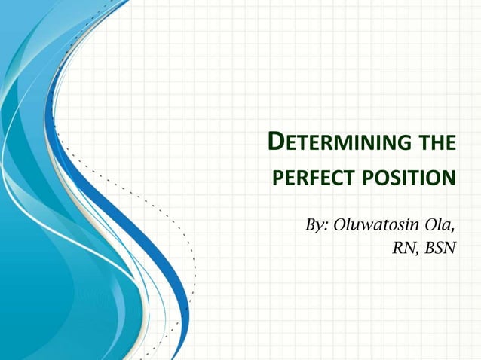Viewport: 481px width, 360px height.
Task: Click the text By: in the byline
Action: (316, 225)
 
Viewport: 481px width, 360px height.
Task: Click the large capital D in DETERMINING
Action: (277, 142)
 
